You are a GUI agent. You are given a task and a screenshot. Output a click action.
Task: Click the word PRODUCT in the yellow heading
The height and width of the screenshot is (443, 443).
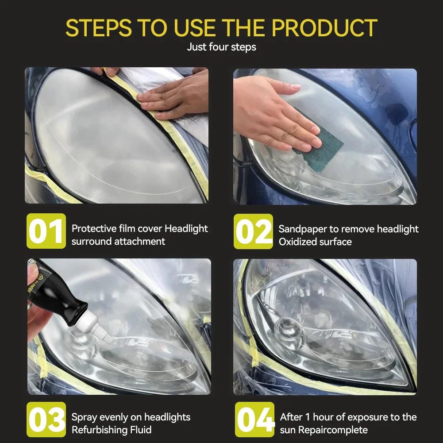pos(324,27)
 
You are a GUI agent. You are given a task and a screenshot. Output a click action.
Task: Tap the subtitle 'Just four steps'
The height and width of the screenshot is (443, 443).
pos(221,47)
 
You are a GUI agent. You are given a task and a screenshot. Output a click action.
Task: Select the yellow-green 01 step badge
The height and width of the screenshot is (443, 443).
pos(46,231)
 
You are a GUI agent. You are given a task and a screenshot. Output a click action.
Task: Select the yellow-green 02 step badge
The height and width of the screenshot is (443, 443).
pos(253,231)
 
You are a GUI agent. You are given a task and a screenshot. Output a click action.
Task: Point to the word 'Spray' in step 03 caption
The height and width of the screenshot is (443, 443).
pos(84,417)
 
